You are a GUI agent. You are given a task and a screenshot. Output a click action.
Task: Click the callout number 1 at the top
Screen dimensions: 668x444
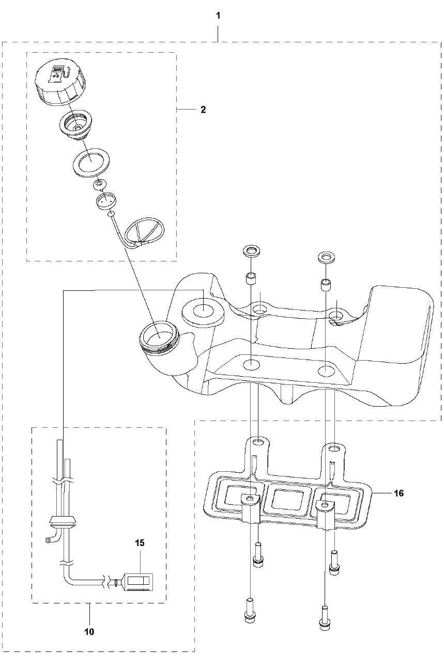pyautogui.click(x=218, y=16)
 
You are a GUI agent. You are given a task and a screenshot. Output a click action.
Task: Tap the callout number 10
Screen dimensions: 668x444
pyautogui.click(x=89, y=631)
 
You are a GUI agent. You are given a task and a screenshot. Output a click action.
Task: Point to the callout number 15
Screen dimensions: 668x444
pyautogui.click(x=140, y=543)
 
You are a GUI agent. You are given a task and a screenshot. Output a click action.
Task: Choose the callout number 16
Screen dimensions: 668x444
pyautogui.click(x=398, y=493)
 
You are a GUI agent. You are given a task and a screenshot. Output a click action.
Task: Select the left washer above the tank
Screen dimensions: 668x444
pyautogui.click(x=252, y=253)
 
